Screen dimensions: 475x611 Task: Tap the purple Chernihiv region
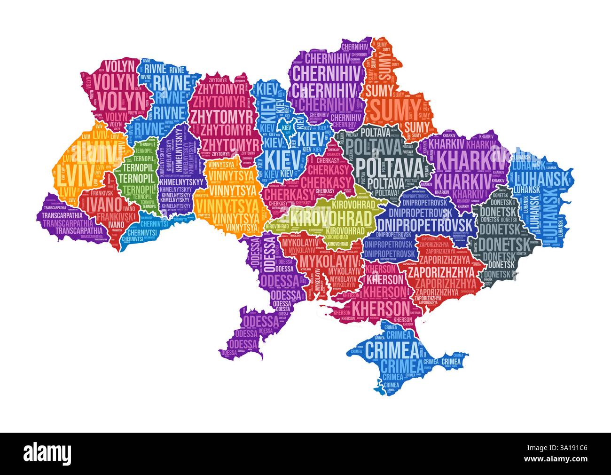[324, 85]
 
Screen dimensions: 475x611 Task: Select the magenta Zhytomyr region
[221, 118]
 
